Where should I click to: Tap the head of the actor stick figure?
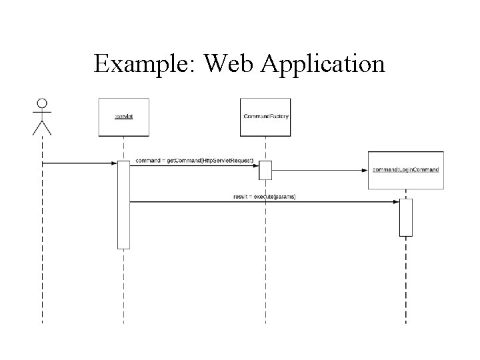pos(42,103)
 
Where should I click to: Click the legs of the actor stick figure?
pos(42,128)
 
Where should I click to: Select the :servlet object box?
pos(123,117)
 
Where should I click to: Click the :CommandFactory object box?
pos(265,117)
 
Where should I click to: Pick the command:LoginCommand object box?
pos(405,169)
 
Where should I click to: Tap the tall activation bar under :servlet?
pos(123,204)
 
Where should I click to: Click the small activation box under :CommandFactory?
pos(265,170)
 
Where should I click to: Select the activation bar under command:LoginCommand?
pos(406,217)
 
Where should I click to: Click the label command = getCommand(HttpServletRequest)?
pos(194,161)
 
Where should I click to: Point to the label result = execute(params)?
pos(265,197)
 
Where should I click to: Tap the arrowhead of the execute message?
pos(396,201)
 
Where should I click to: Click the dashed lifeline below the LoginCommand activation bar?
pos(406,280)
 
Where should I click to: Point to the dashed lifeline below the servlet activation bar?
pos(123,287)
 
